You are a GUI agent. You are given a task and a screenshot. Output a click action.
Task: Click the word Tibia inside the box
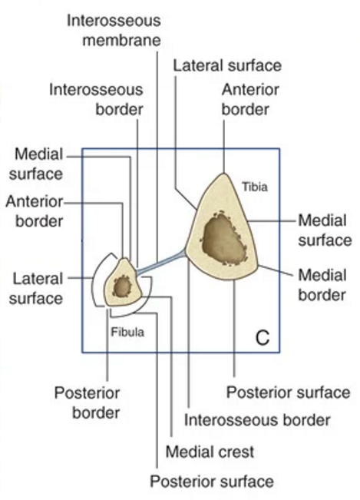tap(255, 187)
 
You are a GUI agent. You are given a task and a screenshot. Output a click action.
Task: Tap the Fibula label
tap(127, 333)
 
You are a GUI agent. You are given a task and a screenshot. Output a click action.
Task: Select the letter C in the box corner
tap(263, 338)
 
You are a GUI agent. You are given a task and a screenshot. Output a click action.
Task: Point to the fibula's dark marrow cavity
tap(122, 286)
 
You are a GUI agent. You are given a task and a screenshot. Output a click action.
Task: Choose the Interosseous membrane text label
tap(114, 31)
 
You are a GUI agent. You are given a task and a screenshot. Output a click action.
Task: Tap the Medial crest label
tap(210, 452)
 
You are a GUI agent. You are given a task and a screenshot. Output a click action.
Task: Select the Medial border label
tap(322, 285)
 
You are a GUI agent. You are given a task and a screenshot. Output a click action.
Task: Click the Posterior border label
tap(87, 402)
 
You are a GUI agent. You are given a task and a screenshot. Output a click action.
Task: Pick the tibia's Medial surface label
tap(325, 230)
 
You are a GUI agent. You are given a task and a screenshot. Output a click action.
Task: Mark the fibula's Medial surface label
tap(35, 164)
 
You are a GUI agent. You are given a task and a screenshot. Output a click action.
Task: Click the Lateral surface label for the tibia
tap(227, 66)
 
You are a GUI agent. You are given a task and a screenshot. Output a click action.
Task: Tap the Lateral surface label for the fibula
tap(35, 288)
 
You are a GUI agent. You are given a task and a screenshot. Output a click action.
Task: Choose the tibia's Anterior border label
tap(250, 100)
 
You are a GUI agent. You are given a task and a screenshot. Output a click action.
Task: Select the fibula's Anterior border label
tap(35, 211)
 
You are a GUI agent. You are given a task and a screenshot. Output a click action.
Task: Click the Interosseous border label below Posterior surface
tap(257, 420)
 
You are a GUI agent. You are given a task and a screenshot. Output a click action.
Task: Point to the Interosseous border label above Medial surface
tap(96, 100)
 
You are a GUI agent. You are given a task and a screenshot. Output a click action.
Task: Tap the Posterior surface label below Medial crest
tap(212, 482)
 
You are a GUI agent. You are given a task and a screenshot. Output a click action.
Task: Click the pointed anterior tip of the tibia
tap(223, 174)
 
